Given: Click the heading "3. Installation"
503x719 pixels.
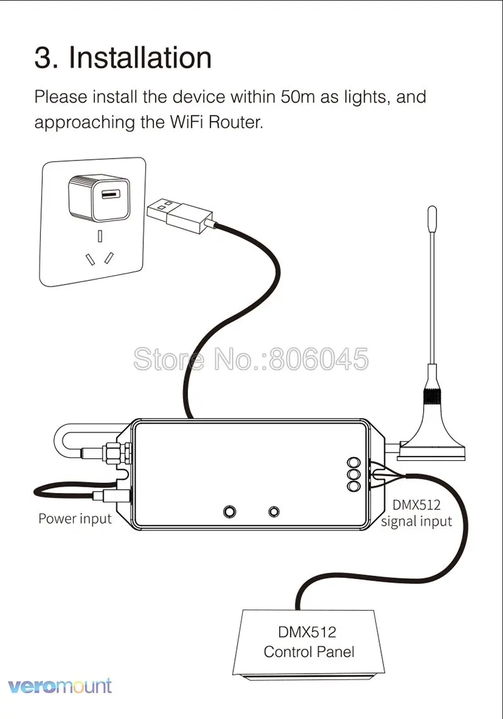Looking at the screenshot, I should coord(123,58).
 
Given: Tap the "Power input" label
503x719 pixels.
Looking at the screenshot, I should coord(75,519).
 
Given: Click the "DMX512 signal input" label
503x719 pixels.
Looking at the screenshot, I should coord(416,513).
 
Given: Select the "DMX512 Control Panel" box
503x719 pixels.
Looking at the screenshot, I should coord(309,643).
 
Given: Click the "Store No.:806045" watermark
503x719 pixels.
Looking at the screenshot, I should coord(251,359).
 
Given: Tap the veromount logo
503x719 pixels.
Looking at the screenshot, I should coord(60,686).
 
